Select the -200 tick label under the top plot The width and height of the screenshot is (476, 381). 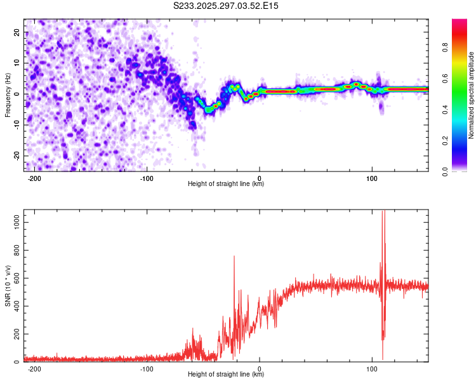[35, 178]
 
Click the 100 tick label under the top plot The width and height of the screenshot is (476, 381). [372, 178]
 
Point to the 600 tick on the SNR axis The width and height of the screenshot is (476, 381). [16, 278]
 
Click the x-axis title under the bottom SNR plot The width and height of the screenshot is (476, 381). [226, 375]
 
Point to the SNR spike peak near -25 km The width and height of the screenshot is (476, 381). [234, 256]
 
